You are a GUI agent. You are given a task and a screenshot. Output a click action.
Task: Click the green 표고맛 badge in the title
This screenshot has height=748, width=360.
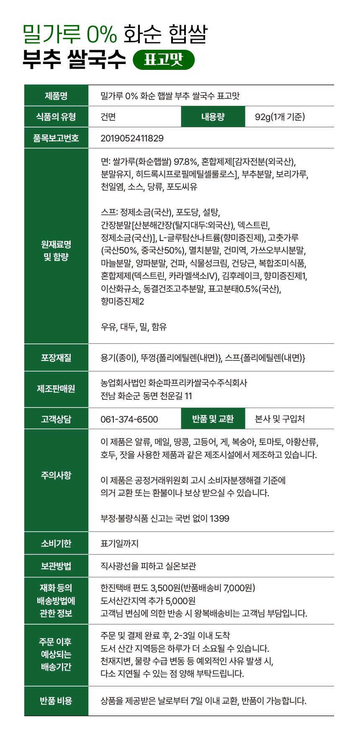[164, 60]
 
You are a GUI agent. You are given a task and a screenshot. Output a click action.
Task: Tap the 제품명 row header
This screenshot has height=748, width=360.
[56, 96]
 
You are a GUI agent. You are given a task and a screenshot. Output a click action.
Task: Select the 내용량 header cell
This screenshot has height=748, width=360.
[213, 117]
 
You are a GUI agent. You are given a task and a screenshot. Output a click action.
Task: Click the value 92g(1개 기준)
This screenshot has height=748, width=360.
[280, 117]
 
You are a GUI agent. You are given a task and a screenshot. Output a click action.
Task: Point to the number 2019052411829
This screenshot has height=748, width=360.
[132, 138]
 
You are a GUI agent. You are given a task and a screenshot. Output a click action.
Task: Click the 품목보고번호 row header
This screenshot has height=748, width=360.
[56, 138]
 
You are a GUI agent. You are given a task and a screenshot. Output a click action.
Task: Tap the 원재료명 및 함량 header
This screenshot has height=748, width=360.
[56, 251]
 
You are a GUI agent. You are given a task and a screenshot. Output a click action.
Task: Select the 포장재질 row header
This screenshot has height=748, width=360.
[56, 358]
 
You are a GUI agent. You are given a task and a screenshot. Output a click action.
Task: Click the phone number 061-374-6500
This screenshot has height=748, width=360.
[129, 419]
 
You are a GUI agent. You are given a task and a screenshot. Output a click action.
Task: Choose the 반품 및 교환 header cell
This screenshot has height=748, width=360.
[213, 419]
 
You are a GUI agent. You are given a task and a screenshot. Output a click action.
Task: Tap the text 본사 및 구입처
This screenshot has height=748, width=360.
[280, 419]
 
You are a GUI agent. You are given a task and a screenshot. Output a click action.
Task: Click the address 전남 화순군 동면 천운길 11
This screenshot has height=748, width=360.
[146, 396]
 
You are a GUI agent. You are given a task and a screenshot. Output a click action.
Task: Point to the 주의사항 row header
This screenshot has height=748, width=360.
[56, 475]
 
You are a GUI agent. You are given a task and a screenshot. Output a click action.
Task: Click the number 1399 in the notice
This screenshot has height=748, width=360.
[219, 519]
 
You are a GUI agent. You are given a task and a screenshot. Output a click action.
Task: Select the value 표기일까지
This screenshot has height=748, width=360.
[119, 543]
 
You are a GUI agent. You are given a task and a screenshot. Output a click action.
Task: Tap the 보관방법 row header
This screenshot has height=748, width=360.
[56, 566]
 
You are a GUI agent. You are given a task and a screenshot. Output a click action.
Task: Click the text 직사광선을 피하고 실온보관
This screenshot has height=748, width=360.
[148, 566]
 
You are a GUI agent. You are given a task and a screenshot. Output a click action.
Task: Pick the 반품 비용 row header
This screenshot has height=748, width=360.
[56, 701]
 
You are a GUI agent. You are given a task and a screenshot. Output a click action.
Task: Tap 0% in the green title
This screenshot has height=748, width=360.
[102, 34]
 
